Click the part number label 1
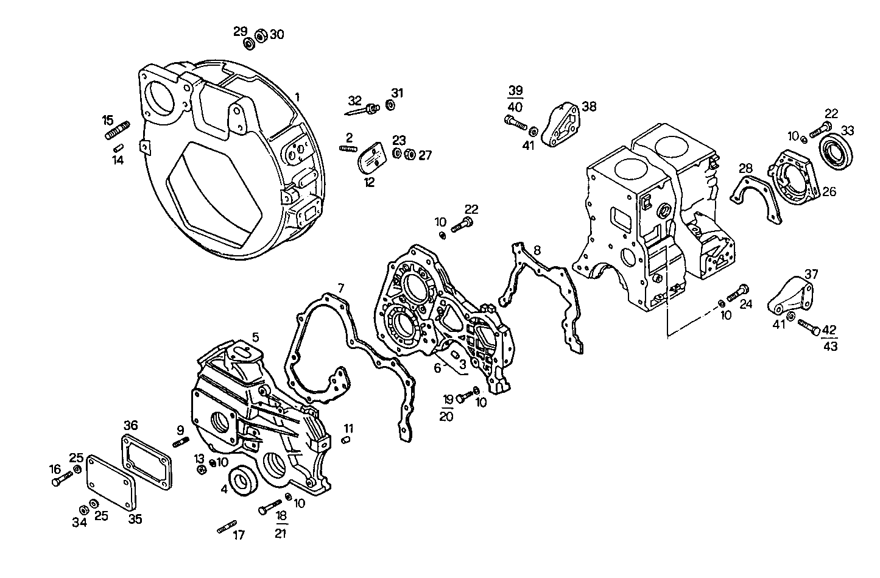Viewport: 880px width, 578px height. (x=297, y=97)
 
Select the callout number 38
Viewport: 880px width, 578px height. (x=589, y=107)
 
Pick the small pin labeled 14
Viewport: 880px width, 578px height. (x=118, y=147)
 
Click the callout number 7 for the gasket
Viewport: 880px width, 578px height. (x=341, y=287)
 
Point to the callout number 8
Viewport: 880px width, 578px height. (x=537, y=250)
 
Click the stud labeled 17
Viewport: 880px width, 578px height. (x=227, y=527)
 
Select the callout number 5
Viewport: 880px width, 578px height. (x=255, y=337)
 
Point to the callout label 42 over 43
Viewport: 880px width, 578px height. (x=829, y=337)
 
